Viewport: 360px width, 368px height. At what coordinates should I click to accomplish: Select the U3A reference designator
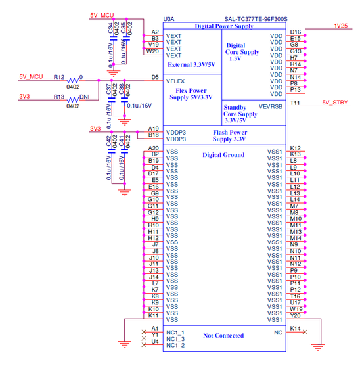pyautogui.click(x=169, y=20)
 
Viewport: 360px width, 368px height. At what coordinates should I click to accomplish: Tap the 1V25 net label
pyautogui.click(x=340, y=26)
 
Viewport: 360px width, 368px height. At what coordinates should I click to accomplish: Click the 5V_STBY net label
pyautogui.click(x=335, y=103)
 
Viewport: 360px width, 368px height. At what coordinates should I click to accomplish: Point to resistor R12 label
pyautogui.click(x=59, y=77)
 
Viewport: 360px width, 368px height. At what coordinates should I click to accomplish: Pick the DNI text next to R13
pyautogui.click(x=85, y=96)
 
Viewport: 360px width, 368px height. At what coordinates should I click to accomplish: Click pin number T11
pyautogui.click(x=296, y=103)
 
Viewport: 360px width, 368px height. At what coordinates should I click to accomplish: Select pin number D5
pyautogui.click(x=155, y=77)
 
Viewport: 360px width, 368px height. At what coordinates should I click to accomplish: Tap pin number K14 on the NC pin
pyautogui.click(x=296, y=328)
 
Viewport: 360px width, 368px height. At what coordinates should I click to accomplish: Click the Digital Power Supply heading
pyautogui.click(x=224, y=26)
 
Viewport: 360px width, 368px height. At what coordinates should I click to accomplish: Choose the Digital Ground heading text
pyautogui.click(x=223, y=155)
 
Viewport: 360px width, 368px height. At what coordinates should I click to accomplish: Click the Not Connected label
pyautogui.click(x=223, y=335)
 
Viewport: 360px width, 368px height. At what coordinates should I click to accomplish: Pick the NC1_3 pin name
pyautogui.click(x=175, y=339)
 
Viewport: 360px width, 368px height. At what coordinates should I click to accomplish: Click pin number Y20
pyautogui.click(x=296, y=315)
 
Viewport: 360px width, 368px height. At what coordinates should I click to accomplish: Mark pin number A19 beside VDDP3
pyautogui.click(x=154, y=129)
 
